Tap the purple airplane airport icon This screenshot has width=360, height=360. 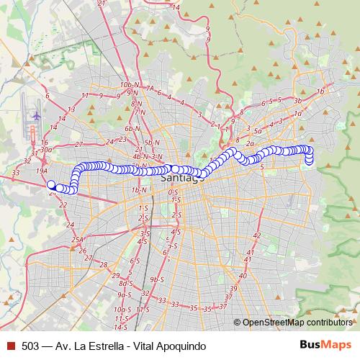tap(37, 115)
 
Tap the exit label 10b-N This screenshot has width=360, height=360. tap(130, 84)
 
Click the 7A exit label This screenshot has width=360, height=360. tap(150, 88)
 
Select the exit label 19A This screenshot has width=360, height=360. tap(41, 171)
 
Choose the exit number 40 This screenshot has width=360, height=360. tap(243, 276)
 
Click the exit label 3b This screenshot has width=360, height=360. tap(297, 101)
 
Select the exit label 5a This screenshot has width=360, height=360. tap(258, 130)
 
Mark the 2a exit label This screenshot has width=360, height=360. tap(250, 143)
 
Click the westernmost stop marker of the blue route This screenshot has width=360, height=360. tap(51, 185)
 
